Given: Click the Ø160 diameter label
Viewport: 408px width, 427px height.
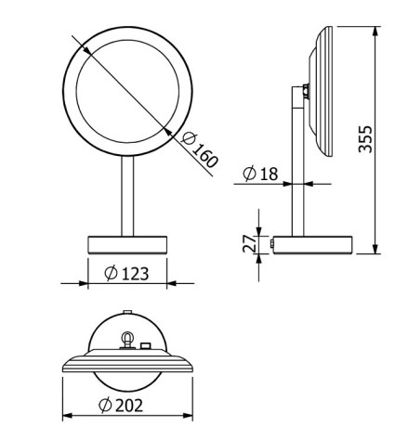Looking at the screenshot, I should (202, 150).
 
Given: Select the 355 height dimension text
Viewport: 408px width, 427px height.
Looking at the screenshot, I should (368, 139).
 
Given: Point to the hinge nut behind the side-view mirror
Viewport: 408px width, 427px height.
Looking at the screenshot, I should (306, 91).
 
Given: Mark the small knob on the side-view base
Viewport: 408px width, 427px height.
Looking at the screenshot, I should (270, 244).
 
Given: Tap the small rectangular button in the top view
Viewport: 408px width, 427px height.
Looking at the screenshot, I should (146, 347).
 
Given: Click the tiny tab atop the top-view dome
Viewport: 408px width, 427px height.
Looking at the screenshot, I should (125, 311).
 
